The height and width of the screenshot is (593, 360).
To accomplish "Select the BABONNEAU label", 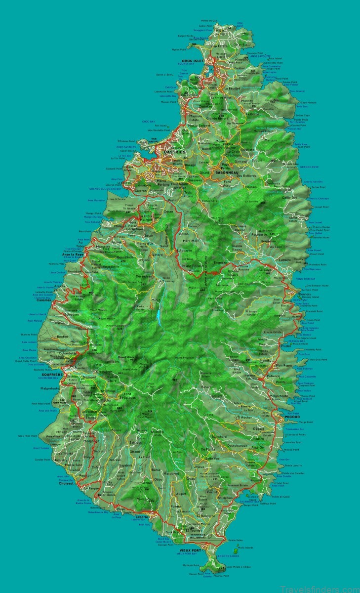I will [227, 172].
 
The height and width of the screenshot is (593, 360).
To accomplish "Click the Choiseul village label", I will [66, 484].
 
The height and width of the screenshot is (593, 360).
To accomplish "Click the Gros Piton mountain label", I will [48, 437].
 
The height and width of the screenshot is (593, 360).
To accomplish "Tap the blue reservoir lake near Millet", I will [158, 313].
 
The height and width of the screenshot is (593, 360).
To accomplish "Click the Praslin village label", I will [285, 346].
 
